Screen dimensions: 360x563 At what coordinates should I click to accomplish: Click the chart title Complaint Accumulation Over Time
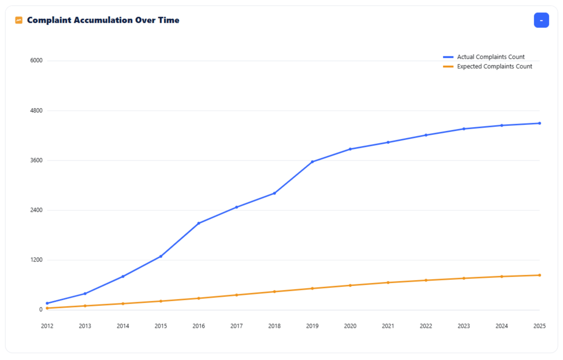click(x=103, y=20)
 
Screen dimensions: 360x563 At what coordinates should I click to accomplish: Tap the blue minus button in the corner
click(x=541, y=20)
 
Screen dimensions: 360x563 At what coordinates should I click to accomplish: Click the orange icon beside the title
click(x=19, y=20)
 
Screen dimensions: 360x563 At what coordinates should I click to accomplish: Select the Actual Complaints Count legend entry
click(x=490, y=57)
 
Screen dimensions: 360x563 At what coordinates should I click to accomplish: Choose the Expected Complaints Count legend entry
click(x=494, y=67)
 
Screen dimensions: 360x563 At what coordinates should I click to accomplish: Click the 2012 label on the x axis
click(x=47, y=326)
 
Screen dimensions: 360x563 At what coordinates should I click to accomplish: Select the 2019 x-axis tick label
click(x=312, y=326)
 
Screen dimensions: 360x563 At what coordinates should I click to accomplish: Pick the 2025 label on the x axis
click(x=539, y=326)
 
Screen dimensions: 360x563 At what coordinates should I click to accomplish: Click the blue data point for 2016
click(x=199, y=223)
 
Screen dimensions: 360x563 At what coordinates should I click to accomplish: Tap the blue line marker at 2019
click(x=313, y=162)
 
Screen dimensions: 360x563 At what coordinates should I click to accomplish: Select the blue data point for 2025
click(x=539, y=123)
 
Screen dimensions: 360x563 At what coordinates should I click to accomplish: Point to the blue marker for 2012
click(x=47, y=303)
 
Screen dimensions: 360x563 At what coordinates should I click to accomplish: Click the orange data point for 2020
click(x=350, y=286)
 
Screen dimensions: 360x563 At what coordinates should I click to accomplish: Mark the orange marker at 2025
click(x=539, y=275)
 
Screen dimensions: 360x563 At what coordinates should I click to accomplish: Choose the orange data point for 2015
click(x=161, y=301)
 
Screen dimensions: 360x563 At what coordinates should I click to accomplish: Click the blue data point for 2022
click(x=426, y=135)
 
